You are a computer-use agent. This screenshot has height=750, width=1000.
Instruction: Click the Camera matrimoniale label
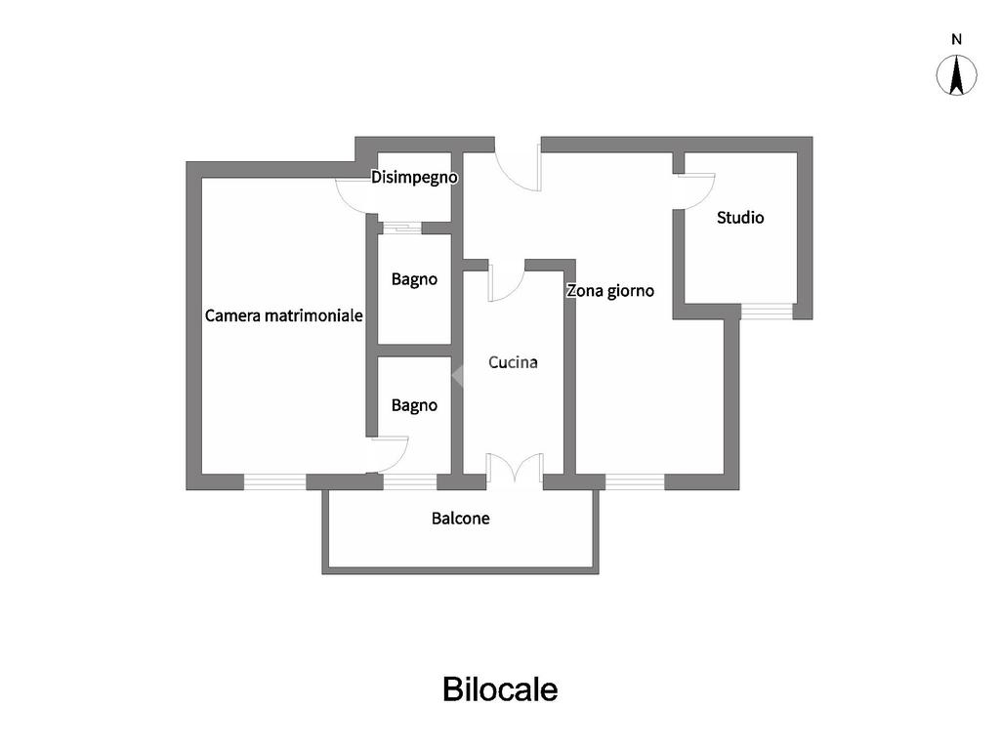pos(283,315)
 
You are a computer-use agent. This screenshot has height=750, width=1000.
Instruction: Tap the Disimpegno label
pos(414,178)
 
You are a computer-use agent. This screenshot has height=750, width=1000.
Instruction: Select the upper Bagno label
pos(414,279)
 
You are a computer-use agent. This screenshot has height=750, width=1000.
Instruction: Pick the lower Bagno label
pos(414,405)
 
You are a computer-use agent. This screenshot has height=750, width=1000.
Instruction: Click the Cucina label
pos(513,362)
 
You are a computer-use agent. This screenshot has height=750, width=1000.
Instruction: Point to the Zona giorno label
pos(610,290)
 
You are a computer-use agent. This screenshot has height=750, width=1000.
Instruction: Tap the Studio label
pos(740,218)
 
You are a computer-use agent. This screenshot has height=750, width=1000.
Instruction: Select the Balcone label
pos(460,519)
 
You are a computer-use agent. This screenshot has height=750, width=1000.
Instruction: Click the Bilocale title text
pos(500,689)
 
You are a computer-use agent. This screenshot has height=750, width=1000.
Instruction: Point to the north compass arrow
pos(957,75)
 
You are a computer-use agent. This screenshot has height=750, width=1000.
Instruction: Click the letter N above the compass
pos(957,40)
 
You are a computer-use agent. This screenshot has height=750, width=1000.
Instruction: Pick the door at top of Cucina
pos(506,282)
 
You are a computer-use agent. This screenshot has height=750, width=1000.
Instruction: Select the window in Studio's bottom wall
pos(766,312)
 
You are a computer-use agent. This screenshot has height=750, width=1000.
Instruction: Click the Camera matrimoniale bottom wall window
pos(274,481)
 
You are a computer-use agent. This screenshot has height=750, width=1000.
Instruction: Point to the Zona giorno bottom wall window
pos(635,481)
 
